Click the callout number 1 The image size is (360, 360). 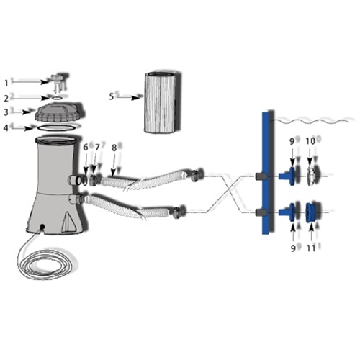pos(6,83)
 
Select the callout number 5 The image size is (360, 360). pos(111,96)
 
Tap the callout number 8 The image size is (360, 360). pos(114,148)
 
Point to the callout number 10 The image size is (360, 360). pos(310,141)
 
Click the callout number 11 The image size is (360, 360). pos(311,248)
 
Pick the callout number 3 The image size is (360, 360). pos(6,112)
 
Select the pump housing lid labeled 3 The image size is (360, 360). pos(59,112)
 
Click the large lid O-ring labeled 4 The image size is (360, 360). pos(57,130)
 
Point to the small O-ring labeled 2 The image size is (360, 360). pos(57,98)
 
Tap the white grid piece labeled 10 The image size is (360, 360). pos(311,176)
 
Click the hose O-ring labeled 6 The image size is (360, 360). pos(85,180)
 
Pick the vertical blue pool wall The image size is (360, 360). pos(265,173)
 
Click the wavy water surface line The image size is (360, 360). pos(312,120)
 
